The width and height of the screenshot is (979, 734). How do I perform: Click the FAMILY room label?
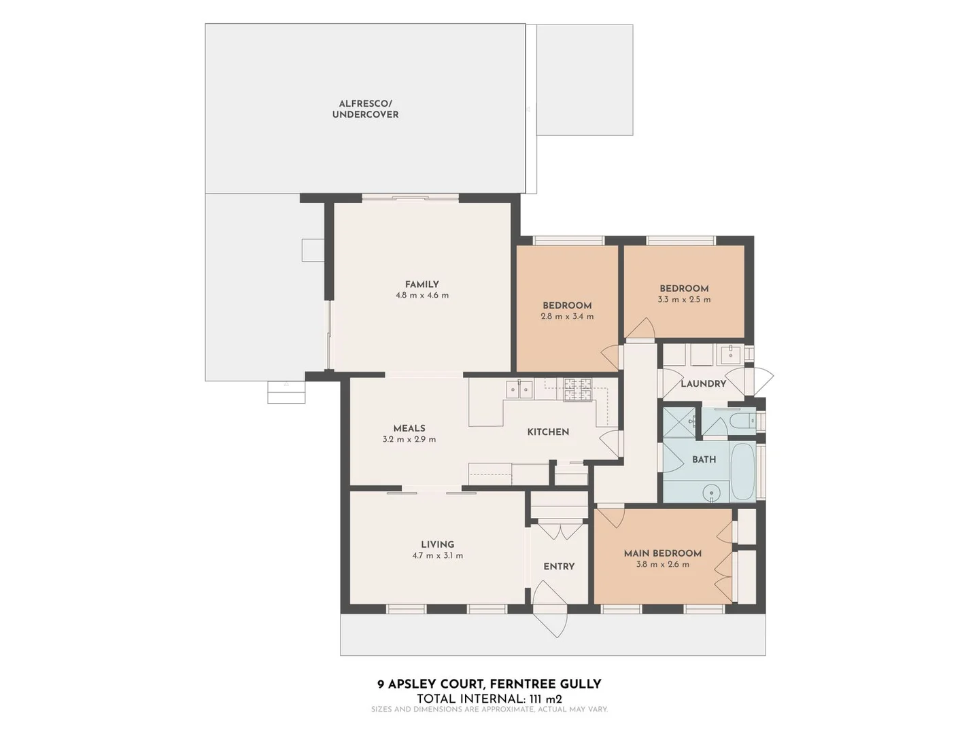(422, 284)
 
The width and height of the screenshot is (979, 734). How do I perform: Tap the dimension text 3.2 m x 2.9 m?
(409, 440)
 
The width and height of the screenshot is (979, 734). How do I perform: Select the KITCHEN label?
(548, 432)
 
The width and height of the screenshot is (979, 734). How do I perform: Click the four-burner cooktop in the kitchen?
(578, 389)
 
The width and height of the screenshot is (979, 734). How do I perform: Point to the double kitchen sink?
(519, 389)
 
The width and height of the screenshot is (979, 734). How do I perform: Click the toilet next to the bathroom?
(740, 421)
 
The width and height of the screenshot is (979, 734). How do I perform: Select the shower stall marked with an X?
(679, 422)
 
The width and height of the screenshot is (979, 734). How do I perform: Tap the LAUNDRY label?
(703, 383)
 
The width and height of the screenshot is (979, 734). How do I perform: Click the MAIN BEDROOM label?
(662, 553)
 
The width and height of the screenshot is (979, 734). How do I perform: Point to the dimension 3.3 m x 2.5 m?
(684, 300)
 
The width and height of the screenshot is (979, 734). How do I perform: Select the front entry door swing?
(551, 608)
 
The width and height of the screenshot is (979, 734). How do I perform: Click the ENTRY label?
(559, 566)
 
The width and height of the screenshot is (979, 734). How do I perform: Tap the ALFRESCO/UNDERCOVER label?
(365, 109)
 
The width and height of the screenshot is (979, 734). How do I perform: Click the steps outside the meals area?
(286, 392)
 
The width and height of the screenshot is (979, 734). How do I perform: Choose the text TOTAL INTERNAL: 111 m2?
(489, 698)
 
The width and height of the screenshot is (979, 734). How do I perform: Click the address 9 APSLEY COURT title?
(489, 684)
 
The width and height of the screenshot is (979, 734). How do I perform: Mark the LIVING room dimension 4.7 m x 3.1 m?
(437, 556)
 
